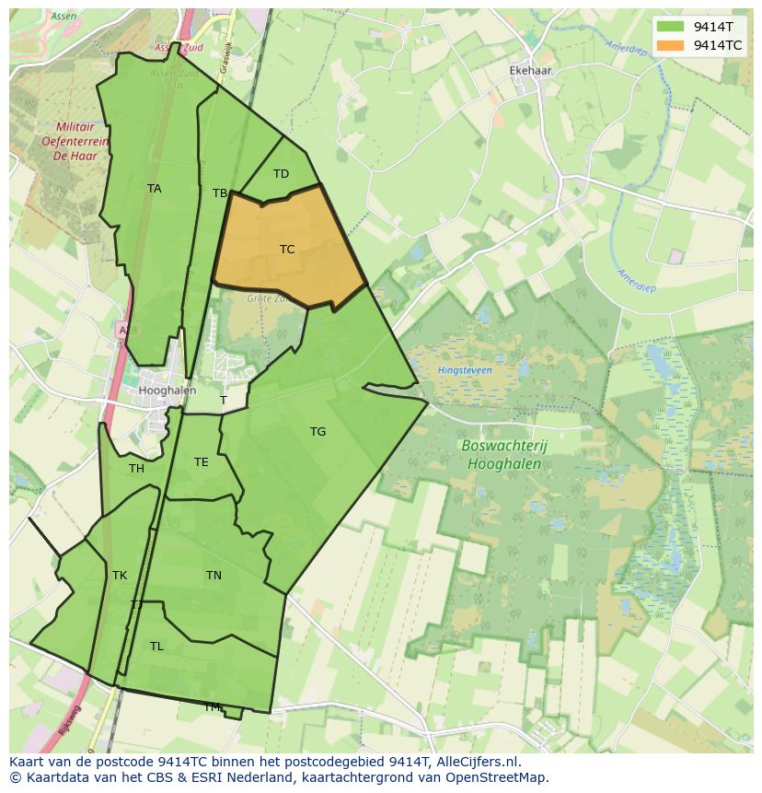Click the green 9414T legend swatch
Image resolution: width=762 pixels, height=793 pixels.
(x=671, y=27)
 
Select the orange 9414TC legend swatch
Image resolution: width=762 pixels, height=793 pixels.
(x=671, y=45)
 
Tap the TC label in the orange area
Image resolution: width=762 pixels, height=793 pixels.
(x=287, y=250)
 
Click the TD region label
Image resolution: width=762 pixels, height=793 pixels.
(x=281, y=174)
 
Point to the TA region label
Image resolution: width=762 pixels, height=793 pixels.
(x=154, y=189)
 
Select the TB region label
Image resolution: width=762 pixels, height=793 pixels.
(x=219, y=193)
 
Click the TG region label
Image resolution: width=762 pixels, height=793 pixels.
(x=317, y=432)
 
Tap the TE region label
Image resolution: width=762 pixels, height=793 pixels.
(x=201, y=462)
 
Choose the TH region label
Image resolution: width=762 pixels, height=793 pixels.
(x=136, y=469)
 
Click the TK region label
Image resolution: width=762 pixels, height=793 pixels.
(x=120, y=576)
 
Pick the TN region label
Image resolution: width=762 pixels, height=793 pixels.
(x=214, y=576)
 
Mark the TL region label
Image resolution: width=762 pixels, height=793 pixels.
(x=156, y=647)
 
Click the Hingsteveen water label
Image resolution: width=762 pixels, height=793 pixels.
(x=465, y=370)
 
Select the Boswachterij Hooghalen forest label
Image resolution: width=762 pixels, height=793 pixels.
(x=502, y=454)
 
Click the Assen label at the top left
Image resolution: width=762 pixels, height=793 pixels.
(x=64, y=17)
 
